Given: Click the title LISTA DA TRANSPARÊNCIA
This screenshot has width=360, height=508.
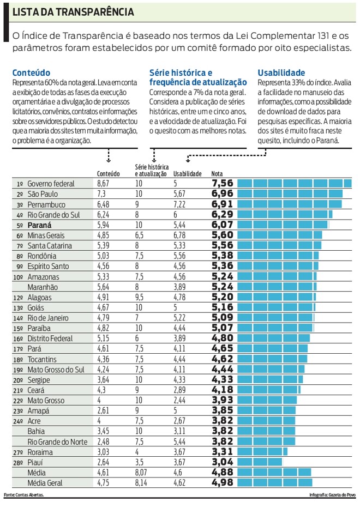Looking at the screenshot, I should [73, 11].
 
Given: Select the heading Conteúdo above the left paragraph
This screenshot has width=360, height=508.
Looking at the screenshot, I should [31, 72].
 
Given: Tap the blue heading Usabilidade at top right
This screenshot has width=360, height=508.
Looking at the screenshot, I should [281, 72].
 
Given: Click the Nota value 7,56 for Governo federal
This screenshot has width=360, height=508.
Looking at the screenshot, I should [222, 184].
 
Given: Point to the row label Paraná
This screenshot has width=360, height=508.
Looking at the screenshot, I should [39, 225].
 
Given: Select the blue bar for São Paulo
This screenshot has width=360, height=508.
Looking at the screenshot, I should [290, 194].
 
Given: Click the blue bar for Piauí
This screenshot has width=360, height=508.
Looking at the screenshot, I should [260, 462].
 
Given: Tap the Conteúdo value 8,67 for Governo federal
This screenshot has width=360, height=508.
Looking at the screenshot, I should [103, 184].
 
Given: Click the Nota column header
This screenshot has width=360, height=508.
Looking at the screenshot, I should [217, 174].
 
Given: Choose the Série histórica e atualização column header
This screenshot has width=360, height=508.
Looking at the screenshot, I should [152, 170].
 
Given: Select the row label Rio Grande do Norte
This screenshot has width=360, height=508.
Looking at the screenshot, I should [57, 442].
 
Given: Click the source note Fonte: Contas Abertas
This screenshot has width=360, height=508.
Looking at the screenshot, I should [23, 495].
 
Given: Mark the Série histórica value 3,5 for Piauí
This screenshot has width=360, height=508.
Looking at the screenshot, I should [139, 462].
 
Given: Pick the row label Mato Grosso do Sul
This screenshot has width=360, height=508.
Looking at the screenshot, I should [56, 370].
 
